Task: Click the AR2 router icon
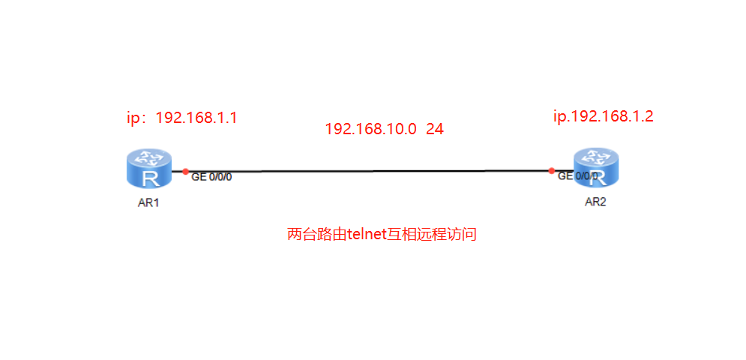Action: click(x=596, y=167)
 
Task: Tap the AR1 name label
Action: click(x=148, y=202)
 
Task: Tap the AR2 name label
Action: click(x=595, y=201)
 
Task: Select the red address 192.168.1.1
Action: click(x=196, y=118)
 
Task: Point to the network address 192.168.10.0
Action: click(x=370, y=129)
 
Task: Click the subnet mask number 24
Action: click(x=435, y=129)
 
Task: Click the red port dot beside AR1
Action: click(x=185, y=172)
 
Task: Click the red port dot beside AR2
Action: click(x=551, y=170)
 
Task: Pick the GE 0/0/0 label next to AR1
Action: click(x=211, y=178)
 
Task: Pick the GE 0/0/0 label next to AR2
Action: click(x=578, y=176)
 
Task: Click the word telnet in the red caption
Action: click(x=366, y=235)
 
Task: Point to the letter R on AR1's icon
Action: click(x=149, y=177)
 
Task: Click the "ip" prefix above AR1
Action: click(x=133, y=118)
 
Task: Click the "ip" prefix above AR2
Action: click(x=559, y=116)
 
